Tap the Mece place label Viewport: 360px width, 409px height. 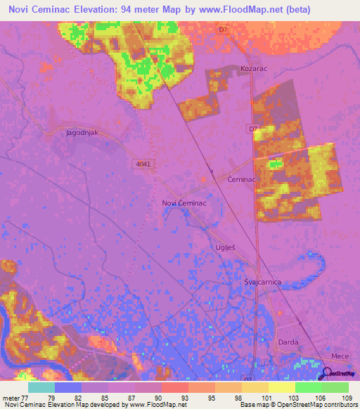pyautogui.click(x=340, y=356)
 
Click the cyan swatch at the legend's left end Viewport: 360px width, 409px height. pyautogui.click(x=41, y=387)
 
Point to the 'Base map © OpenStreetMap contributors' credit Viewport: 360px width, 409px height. pyautogui.click(x=296, y=405)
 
